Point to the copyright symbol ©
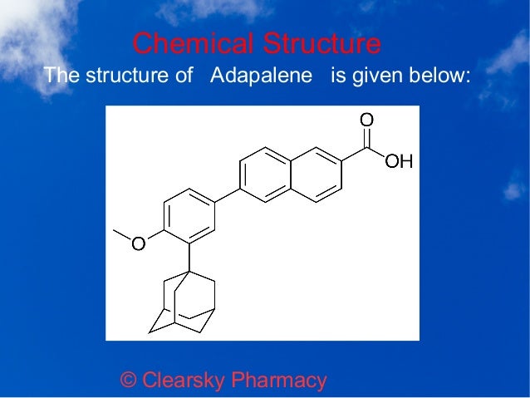129,381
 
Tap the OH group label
399,161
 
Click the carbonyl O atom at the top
366,120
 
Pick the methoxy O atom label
139,243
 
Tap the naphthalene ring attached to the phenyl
266,174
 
